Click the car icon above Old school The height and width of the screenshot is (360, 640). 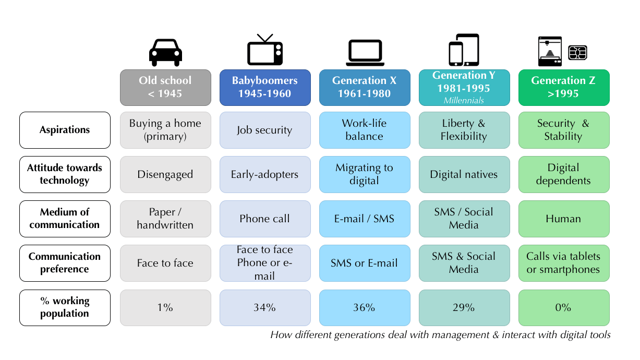click(x=165, y=52)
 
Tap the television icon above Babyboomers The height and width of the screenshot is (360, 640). click(x=264, y=51)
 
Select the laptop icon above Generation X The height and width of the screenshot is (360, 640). click(x=365, y=52)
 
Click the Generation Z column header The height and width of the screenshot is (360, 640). click(x=563, y=88)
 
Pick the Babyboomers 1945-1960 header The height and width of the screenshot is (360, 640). click(x=264, y=88)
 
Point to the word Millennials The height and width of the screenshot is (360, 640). click(x=464, y=100)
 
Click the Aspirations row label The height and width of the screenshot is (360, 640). click(x=65, y=130)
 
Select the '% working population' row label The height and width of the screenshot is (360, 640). click(x=65, y=308)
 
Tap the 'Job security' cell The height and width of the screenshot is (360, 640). click(x=264, y=130)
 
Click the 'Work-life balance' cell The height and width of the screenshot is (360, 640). click(x=365, y=130)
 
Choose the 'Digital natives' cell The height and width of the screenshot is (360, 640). click(x=464, y=174)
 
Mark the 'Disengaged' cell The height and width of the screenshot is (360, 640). click(x=165, y=174)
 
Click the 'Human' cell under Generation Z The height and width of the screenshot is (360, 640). click(x=563, y=219)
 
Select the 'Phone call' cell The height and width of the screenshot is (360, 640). click(x=264, y=219)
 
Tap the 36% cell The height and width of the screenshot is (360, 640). click(x=365, y=308)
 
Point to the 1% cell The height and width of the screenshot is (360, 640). click(x=165, y=308)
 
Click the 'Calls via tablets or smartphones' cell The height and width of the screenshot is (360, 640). click(x=563, y=263)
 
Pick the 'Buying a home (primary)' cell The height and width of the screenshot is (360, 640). click(x=165, y=130)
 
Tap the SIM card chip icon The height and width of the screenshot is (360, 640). click(x=578, y=52)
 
